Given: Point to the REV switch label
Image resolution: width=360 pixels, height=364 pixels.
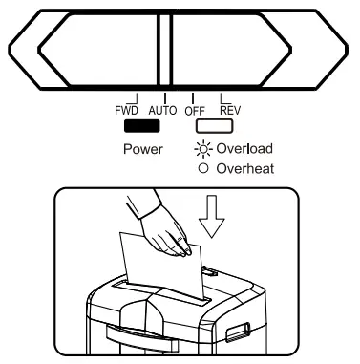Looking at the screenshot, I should click(x=229, y=110).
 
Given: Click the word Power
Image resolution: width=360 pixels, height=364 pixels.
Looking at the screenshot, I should click(x=142, y=150).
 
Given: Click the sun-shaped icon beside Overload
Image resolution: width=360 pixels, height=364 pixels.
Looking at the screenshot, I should click(x=201, y=149).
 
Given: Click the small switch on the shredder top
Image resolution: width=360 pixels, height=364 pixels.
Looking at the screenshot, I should click(x=208, y=274).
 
